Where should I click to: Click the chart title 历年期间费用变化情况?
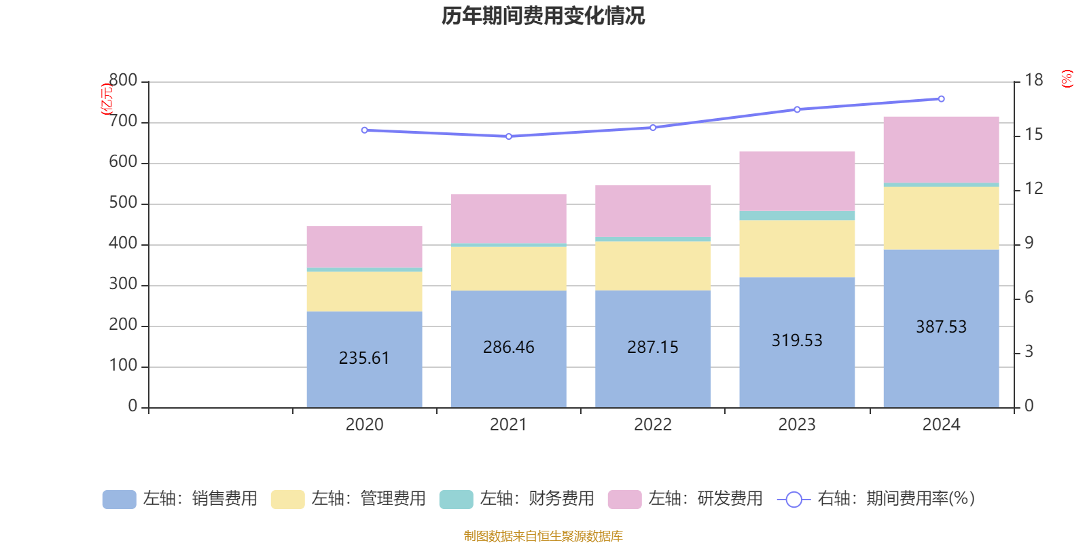[543, 16]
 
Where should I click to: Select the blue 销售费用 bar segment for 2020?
[364, 380]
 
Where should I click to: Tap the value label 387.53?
[941, 326]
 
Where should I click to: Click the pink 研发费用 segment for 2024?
[941, 149]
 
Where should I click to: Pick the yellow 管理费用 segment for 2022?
[653, 265]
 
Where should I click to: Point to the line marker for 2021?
[509, 136]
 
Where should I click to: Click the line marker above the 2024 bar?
[941, 99]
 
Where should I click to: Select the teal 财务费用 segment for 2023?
[797, 216]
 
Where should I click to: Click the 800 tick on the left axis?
[123, 81]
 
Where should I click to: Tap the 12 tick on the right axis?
[1034, 189]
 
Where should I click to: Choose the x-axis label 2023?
[797, 425]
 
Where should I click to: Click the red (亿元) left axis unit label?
[106, 99]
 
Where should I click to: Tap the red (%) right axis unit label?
[1067, 79]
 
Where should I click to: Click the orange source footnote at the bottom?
[543, 536]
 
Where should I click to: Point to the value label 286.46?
[509, 347]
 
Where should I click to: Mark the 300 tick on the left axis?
[123, 284]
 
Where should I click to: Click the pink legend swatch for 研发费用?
[624, 500]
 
